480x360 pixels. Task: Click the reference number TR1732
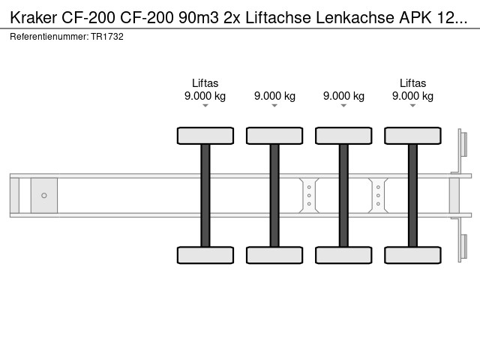(x=107, y=36)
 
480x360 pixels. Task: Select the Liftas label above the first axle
(x=205, y=83)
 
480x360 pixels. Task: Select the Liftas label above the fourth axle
(x=412, y=83)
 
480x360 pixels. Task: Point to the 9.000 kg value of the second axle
(x=274, y=96)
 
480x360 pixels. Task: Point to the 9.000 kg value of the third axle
(x=343, y=96)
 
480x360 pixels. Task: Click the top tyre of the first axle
(x=205, y=136)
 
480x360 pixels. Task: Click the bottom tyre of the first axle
(x=205, y=255)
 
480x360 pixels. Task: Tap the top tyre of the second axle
(x=274, y=136)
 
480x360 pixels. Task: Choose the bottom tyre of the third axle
(x=343, y=255)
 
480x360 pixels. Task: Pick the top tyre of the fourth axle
(x=412, y=136)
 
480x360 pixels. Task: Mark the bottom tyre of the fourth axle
(x=412, y=255)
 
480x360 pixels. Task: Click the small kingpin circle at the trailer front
(x=44, y=196)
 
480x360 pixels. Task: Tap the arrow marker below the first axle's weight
(x=205, y=106)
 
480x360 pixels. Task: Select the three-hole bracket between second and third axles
(x=309, y=196)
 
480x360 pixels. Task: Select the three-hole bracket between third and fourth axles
(x=378, y=196)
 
